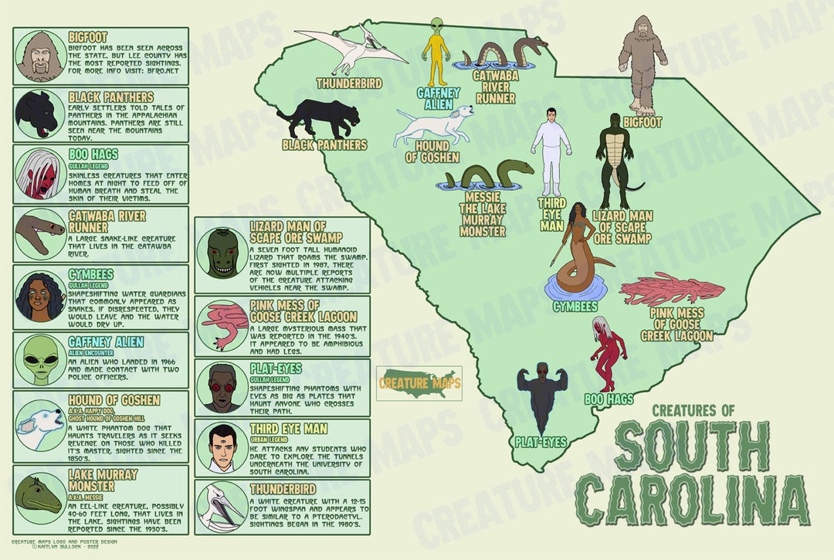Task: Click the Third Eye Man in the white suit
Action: [551, 151]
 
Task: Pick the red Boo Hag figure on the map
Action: [605, 355]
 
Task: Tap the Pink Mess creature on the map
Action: [672, 290]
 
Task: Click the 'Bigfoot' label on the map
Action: [643, 122]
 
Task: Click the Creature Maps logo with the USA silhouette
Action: [419, 383]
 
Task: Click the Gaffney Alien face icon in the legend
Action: [39, 360]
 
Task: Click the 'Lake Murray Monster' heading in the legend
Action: [103, 480]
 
